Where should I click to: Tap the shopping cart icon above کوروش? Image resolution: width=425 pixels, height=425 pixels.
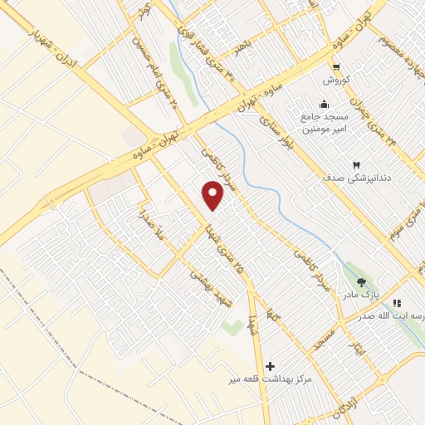[335, 68]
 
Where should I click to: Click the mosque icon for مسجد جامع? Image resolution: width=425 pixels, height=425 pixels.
[323, 104]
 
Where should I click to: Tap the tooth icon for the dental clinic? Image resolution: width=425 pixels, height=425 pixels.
[357, 165]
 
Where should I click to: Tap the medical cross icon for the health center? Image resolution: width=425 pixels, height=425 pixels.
[270, 365]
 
